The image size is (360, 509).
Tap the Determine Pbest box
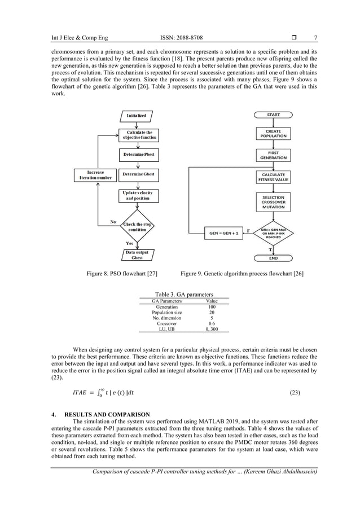point(138,154)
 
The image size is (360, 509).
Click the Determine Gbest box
point(138,174)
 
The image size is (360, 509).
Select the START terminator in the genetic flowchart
point(273,115)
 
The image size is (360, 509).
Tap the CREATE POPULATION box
point(273,133)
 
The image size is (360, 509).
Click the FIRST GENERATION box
point(273,155)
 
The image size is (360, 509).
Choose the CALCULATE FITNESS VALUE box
point(273,177)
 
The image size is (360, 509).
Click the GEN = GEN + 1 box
point(223,232)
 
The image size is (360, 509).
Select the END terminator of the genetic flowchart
point(273,258)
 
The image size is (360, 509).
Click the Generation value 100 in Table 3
point(212,306)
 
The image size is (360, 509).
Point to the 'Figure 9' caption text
point(242,274)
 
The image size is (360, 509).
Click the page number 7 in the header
point(316,38)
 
